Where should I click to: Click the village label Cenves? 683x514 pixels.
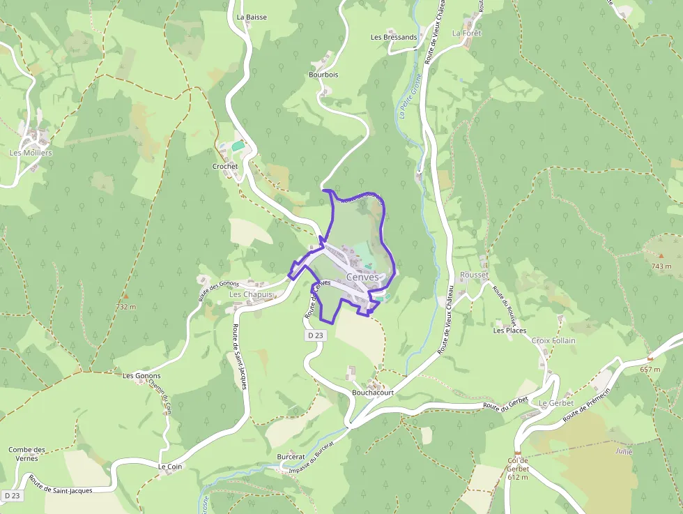pyautogui.click(x=362, y=277)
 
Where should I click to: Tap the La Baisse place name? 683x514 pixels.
pyautogui.click(x=252, y=17)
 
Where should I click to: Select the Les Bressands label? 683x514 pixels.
pyautogui.click(x=394, y=37)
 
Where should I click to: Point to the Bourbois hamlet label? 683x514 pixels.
pyautogui.click(x=323, y=74)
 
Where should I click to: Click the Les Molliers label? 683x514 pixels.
pyautogui.click(x=31, y=152)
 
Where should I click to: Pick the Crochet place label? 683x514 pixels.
pyautogui.click(x=225, y=167)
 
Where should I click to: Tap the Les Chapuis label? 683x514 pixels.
pyautogui.click(x=251, y=294)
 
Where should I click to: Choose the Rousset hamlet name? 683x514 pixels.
pyautogui.click(x=474, y=275)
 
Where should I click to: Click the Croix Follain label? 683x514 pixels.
pyautogui.click(x=553, y=340)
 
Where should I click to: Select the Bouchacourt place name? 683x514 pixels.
pyautogui.click(x=373, y=393)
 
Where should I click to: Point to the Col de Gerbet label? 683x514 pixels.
pyautogui.click(x=518, y=469)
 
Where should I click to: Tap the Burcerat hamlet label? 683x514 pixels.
pyautogui.click(x=291, y=456)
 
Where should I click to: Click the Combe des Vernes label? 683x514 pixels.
pyautogui.click(x=27, y=454)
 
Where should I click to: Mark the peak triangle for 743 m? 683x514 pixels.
pyautogui.click(x=661, y=257)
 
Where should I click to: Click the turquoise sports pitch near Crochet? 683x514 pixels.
pyautogui.click(x=238, y=146)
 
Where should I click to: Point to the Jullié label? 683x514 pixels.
pyautogui.click(x=623, y=451)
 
